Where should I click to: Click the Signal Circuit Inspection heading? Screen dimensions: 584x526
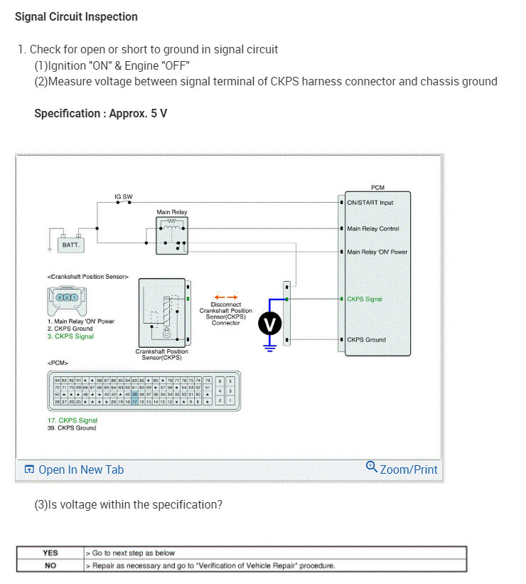[x=76, y=16]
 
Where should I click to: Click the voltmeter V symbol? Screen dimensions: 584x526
[x=269, y=324]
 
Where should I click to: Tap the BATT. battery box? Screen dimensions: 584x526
[x=71, y=244]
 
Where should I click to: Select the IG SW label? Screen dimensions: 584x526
[x=123, y=196]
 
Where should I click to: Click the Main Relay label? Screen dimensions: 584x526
[x=172, y=212]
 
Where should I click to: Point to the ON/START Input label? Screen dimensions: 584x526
[x=370, y=203]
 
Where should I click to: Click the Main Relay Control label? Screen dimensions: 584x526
[x=372, y=229]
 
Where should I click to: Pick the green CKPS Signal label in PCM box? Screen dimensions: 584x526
[x=365, y=299]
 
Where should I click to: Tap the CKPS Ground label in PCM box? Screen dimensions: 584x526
[x=366, y=340]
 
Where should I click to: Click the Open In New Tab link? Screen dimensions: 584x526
[x=74, y=469]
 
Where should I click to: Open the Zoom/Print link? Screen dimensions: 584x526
[x=402, y=469]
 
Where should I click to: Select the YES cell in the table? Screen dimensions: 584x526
[x=50, y=553]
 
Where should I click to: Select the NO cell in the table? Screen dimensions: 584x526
[x=50, y=566]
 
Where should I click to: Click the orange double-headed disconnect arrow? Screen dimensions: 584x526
[x=226, y=297]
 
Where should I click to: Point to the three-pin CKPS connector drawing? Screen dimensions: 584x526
[x=68, y=298]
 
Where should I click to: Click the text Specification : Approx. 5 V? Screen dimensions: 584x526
[x=101, y=113]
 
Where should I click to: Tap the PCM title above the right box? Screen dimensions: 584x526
[x=377, y=187]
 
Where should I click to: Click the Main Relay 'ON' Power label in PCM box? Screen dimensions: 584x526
[x=377, y=252]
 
